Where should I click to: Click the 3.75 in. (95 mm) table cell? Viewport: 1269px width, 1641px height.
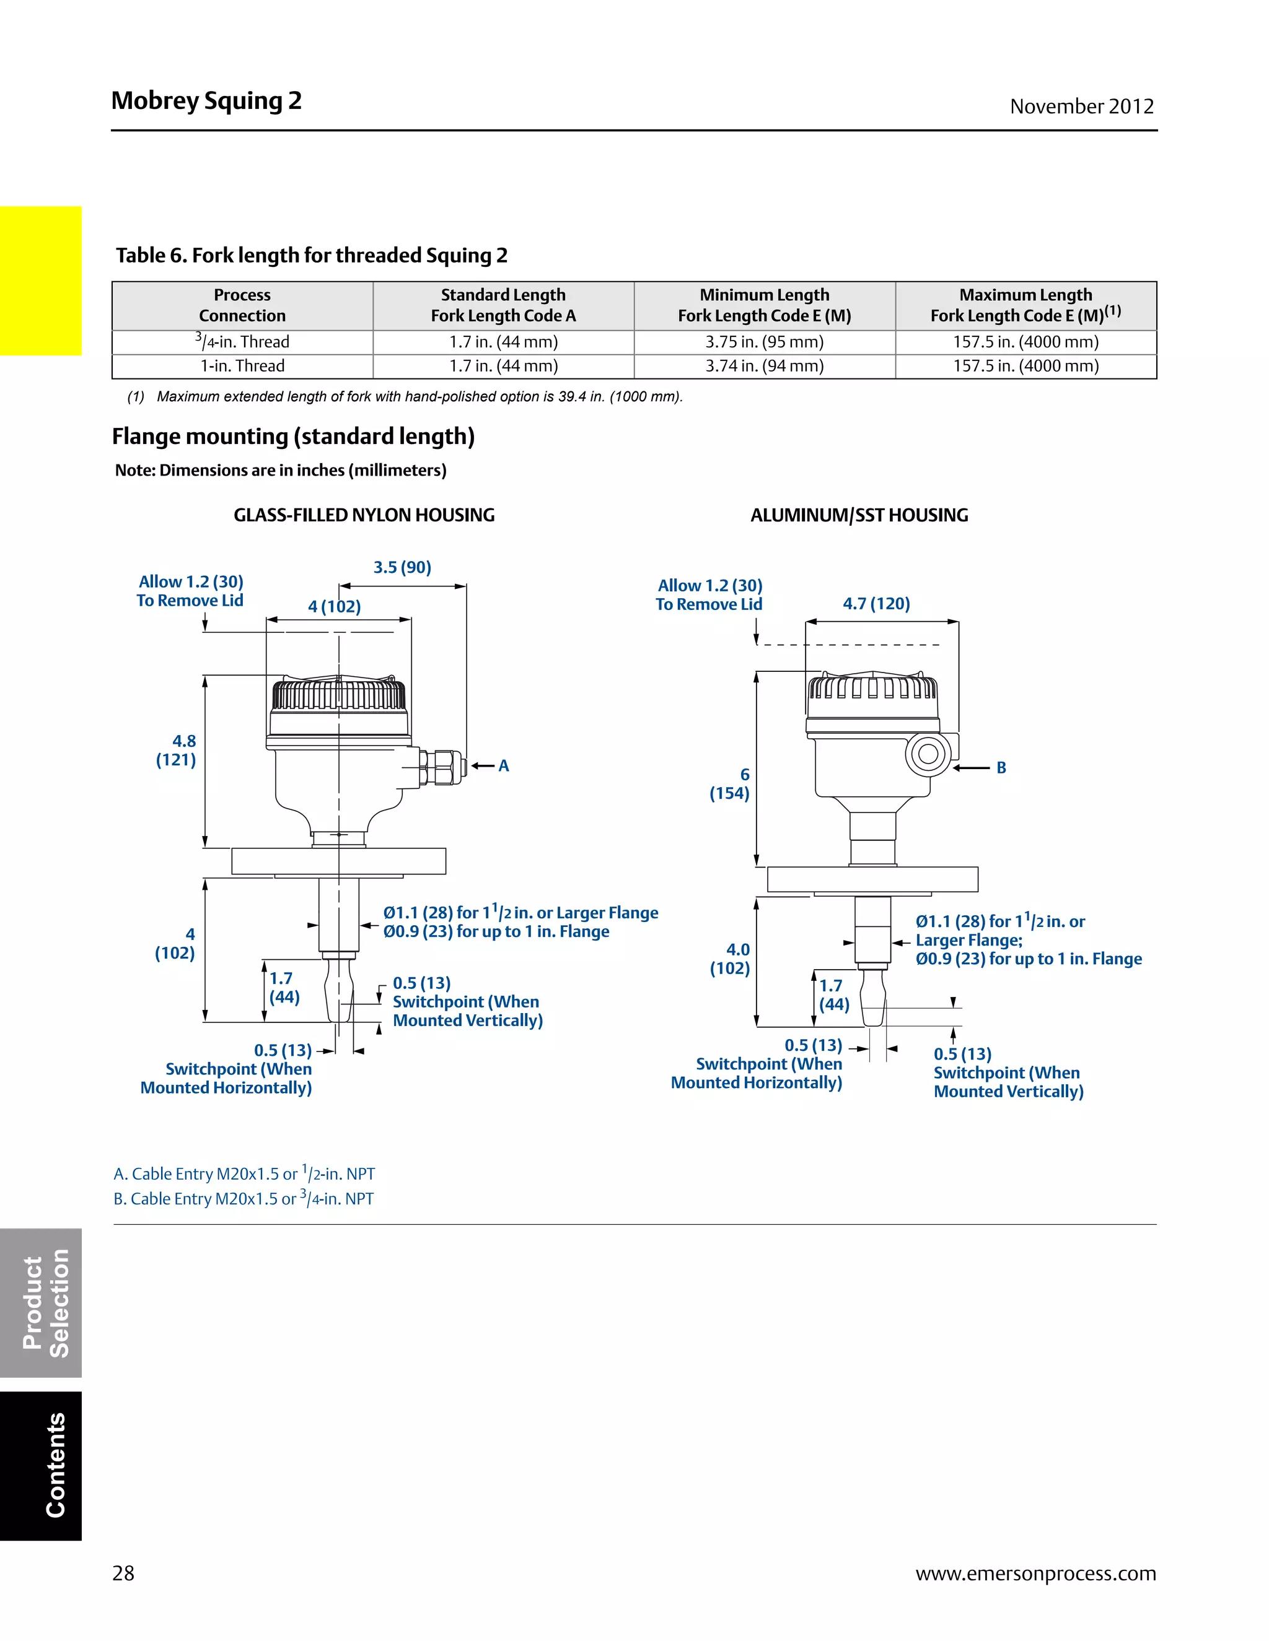pos(764,342)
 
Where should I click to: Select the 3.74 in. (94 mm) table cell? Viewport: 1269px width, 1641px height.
pos(764,366)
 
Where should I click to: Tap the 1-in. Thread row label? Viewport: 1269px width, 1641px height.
pos(242,366)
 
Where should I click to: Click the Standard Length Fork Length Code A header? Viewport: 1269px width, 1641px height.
pos(503,305)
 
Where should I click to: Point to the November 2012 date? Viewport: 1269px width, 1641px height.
pos(1081,107)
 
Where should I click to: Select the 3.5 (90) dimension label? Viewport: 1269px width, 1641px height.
pos(402,567)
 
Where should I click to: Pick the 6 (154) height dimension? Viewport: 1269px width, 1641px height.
pos(731,784)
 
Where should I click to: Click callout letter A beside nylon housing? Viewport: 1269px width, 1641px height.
pos(504,765)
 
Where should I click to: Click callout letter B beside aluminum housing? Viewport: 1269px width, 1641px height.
pos(1001,768)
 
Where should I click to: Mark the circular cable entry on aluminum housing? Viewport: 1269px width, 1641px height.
pos(928,754)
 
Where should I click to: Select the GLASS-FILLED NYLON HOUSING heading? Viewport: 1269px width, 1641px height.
pos(364,515)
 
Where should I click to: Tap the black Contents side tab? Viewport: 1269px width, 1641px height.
pos(41,1465)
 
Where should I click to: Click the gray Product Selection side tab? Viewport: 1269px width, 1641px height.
pos(41,1303)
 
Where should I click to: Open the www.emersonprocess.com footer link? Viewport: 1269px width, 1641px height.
pos(1035,1574)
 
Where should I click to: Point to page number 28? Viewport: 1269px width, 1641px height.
pos(123,1574)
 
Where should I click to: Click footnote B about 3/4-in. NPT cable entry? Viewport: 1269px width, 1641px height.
pos(244,1198)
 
